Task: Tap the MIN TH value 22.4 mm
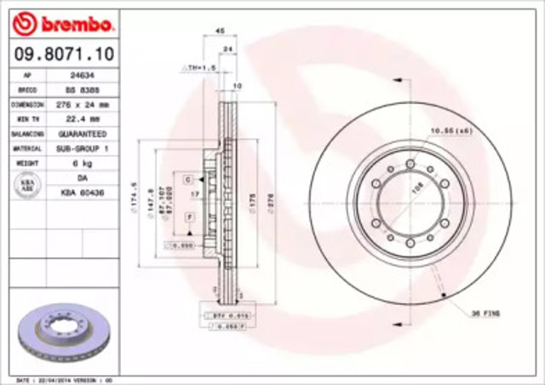82,118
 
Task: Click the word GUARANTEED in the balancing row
82,134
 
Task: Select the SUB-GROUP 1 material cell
82,147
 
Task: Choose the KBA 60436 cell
82,193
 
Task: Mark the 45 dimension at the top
220,31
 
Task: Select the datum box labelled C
186,179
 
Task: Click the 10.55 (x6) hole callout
450,130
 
